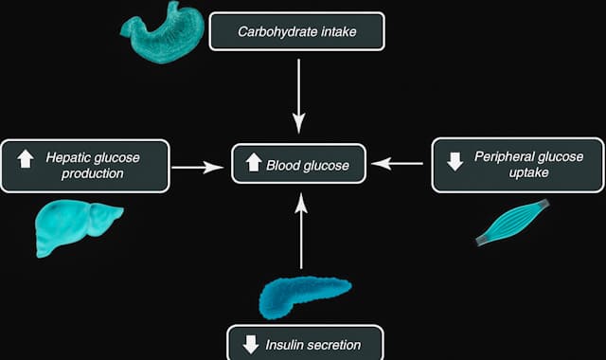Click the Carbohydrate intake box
[x=296, y=31]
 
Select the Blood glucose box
[x=298, y=164]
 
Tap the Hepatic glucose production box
[x=85, y=166]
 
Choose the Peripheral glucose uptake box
[x=518, y=165]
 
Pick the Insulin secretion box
[x=305, y=343]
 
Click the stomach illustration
[x=162, y=32]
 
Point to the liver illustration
[x=79, y=227]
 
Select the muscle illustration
[x=512, y=223]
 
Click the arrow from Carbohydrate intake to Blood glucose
[x=299, y=97]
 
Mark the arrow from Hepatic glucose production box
[x=198, y=168]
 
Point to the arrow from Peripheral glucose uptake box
[x=397, y=164]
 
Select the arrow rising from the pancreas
[x=301, y=231]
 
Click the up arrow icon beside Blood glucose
[x=254, y=162]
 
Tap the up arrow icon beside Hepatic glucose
[x=26, y=159]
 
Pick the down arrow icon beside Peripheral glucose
[x=454, y=161]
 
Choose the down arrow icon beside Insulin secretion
[x=251, y=344]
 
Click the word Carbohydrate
[x=272, y=31]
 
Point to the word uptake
[x=528, y=172]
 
